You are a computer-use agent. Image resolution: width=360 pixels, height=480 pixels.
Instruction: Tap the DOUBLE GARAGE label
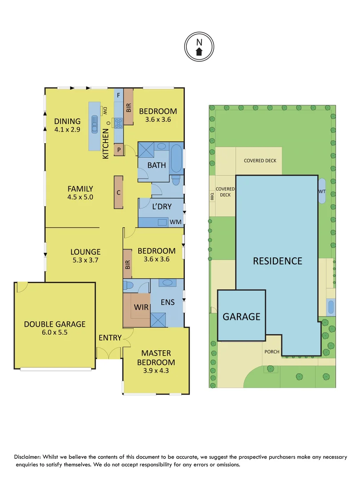click(x=55, y=324)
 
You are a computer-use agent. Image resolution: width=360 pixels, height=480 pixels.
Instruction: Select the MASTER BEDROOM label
click(x=156, y=357)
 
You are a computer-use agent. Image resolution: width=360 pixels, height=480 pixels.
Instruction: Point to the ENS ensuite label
click(x=168, y=303)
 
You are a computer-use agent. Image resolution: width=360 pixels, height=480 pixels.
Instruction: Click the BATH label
click(x=156, y=165)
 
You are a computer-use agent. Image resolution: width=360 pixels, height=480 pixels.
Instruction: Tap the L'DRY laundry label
click(x=161, y=207)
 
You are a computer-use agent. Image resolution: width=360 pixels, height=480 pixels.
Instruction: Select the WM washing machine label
click(x=175, y=221)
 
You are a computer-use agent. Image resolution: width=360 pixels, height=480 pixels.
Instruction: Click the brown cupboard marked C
click(x=119, y=192)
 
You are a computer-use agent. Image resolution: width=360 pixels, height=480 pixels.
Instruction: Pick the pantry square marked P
click(x=119, y=150)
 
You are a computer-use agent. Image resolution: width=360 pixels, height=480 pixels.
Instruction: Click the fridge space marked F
click(x=118, y=95)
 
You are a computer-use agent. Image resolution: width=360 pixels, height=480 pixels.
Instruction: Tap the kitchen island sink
click(x=95, y=124)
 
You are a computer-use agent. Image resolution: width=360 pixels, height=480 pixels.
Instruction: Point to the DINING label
click(x=68, y=121)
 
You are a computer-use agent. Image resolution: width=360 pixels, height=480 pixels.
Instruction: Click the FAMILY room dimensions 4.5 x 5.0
click(x=80, y=197)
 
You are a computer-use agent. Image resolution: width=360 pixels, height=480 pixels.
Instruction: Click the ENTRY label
click(x=110, y=338)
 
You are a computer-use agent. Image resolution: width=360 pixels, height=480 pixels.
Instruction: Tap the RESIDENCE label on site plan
click(x=277, y=261)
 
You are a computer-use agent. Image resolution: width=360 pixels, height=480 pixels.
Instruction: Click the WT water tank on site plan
click(x=322, y=191)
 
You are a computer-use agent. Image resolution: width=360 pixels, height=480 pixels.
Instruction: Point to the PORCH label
click(x=272, y=352)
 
